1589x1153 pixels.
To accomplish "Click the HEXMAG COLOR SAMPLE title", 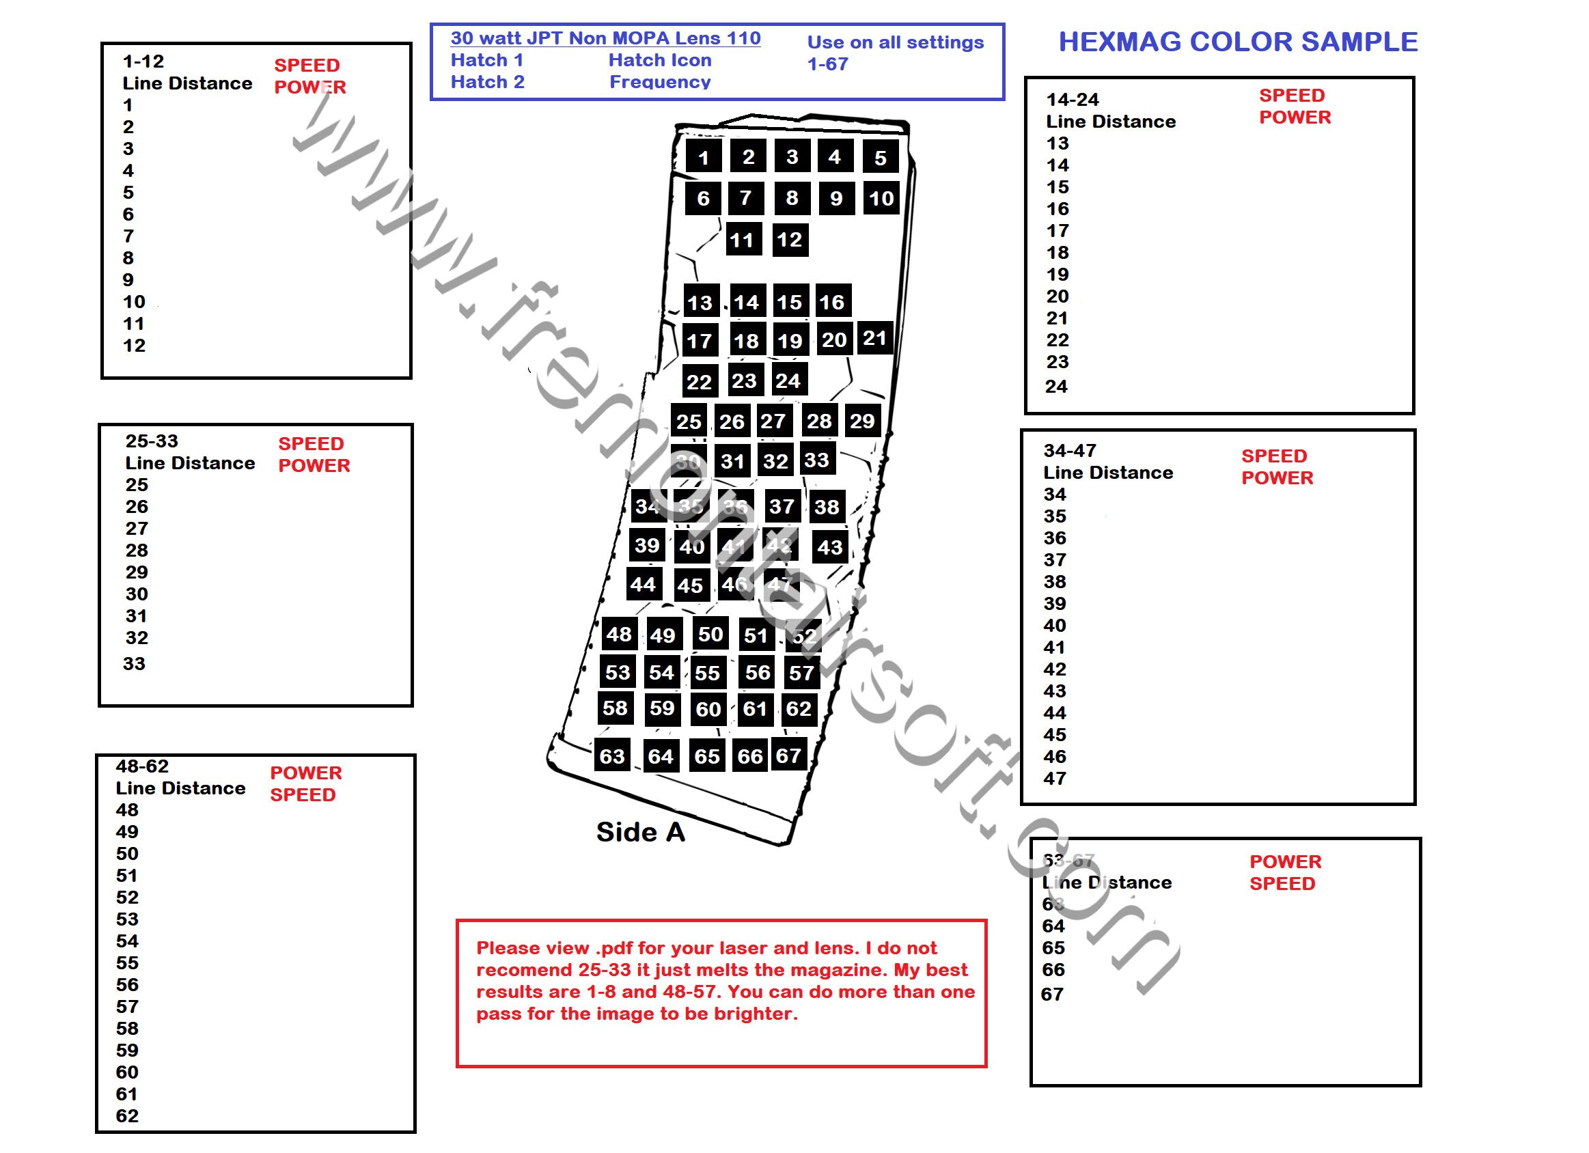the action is pyautogui.click(x=1237, y=42).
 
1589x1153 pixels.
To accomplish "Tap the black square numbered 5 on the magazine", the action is pyautogui.click(x=880, y=158).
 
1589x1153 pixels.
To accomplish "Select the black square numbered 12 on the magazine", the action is pyautogui.click(x=790, y=240).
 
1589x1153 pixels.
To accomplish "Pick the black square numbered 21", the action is pyautogui.click(x=874, y=338).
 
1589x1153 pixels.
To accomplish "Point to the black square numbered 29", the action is pyautogui.click(x=861, y=421).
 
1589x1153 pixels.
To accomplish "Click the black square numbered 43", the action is pyautogui.click(x=829, y=547).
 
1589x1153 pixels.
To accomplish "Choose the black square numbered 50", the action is pyautogui.click(x=710, y=634).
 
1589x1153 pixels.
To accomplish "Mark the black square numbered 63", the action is pyautogui.click(x=611, y=756).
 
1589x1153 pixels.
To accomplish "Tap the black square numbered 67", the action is pyautogui.click(x=788, y=755).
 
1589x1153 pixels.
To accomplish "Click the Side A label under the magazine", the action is pyautogui.click(x=640, y=832).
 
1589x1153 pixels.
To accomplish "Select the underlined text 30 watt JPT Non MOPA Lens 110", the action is pyautogui.click(x=605, y=38).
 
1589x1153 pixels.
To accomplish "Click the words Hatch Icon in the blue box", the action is pyautogui.click(x=659, y=60).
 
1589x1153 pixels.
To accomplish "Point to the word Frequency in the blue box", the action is pyautogui.click(x=659, y=82).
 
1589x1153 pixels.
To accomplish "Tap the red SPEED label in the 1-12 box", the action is pyautogui.click(x=306, y=65).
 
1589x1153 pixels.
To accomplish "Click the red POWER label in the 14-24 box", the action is pyautogui.click(x=1295, y=117).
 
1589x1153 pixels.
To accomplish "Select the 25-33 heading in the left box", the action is pyautogui.click(x=152, y=441).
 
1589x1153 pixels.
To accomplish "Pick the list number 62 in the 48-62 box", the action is pyautogui.click(x=127, y=1116).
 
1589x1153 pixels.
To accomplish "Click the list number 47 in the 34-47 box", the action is pyautogui.click(x=1054, y=778).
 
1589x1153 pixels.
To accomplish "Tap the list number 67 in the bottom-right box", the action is pyautogui.click(x=1051, y=994).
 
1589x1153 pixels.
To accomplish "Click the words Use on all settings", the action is pyautogui.click(x=896, y=42).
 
